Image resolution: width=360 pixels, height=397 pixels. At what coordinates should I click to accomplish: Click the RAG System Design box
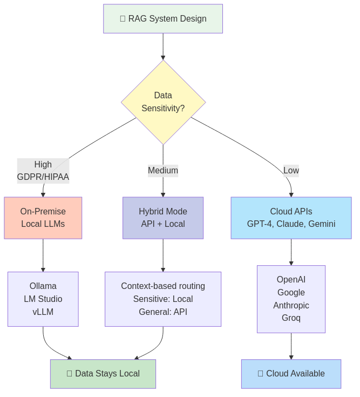(163, 19)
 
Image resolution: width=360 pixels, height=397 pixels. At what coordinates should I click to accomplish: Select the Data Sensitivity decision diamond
(163, 102)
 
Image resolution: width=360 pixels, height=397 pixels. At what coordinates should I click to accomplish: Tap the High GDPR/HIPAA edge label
(43, 171)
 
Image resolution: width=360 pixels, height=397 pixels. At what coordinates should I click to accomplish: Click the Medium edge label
(163, 171)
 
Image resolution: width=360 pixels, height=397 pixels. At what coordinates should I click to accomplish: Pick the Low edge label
(291, 171)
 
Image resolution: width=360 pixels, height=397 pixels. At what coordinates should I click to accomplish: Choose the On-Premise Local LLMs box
(43, 218)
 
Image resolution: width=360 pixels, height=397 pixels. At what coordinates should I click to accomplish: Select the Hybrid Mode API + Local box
(163, 218)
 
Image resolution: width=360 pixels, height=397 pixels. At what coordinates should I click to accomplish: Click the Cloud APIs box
(291, 218)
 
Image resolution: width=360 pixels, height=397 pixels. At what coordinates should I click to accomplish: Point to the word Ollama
(43, 286)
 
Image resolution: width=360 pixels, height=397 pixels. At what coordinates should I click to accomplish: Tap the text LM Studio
(43, 299)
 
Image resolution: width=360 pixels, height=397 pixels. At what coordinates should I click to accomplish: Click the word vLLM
(43, 312)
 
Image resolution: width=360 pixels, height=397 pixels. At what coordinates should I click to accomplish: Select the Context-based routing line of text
(163, 286)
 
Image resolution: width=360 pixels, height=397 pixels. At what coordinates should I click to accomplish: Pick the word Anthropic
(291, 305)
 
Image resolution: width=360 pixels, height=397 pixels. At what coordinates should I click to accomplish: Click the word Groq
(291, 318)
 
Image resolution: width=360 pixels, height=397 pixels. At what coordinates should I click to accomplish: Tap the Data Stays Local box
(103, 374)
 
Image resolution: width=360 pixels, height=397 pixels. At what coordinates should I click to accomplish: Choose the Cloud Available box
(291, 374)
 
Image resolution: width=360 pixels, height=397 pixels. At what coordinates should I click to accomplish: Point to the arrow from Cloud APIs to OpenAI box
(291, 252)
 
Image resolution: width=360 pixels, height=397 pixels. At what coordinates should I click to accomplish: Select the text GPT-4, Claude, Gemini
(291, 224)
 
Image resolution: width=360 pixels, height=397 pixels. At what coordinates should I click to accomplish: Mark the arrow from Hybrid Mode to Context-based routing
(163, 255)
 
